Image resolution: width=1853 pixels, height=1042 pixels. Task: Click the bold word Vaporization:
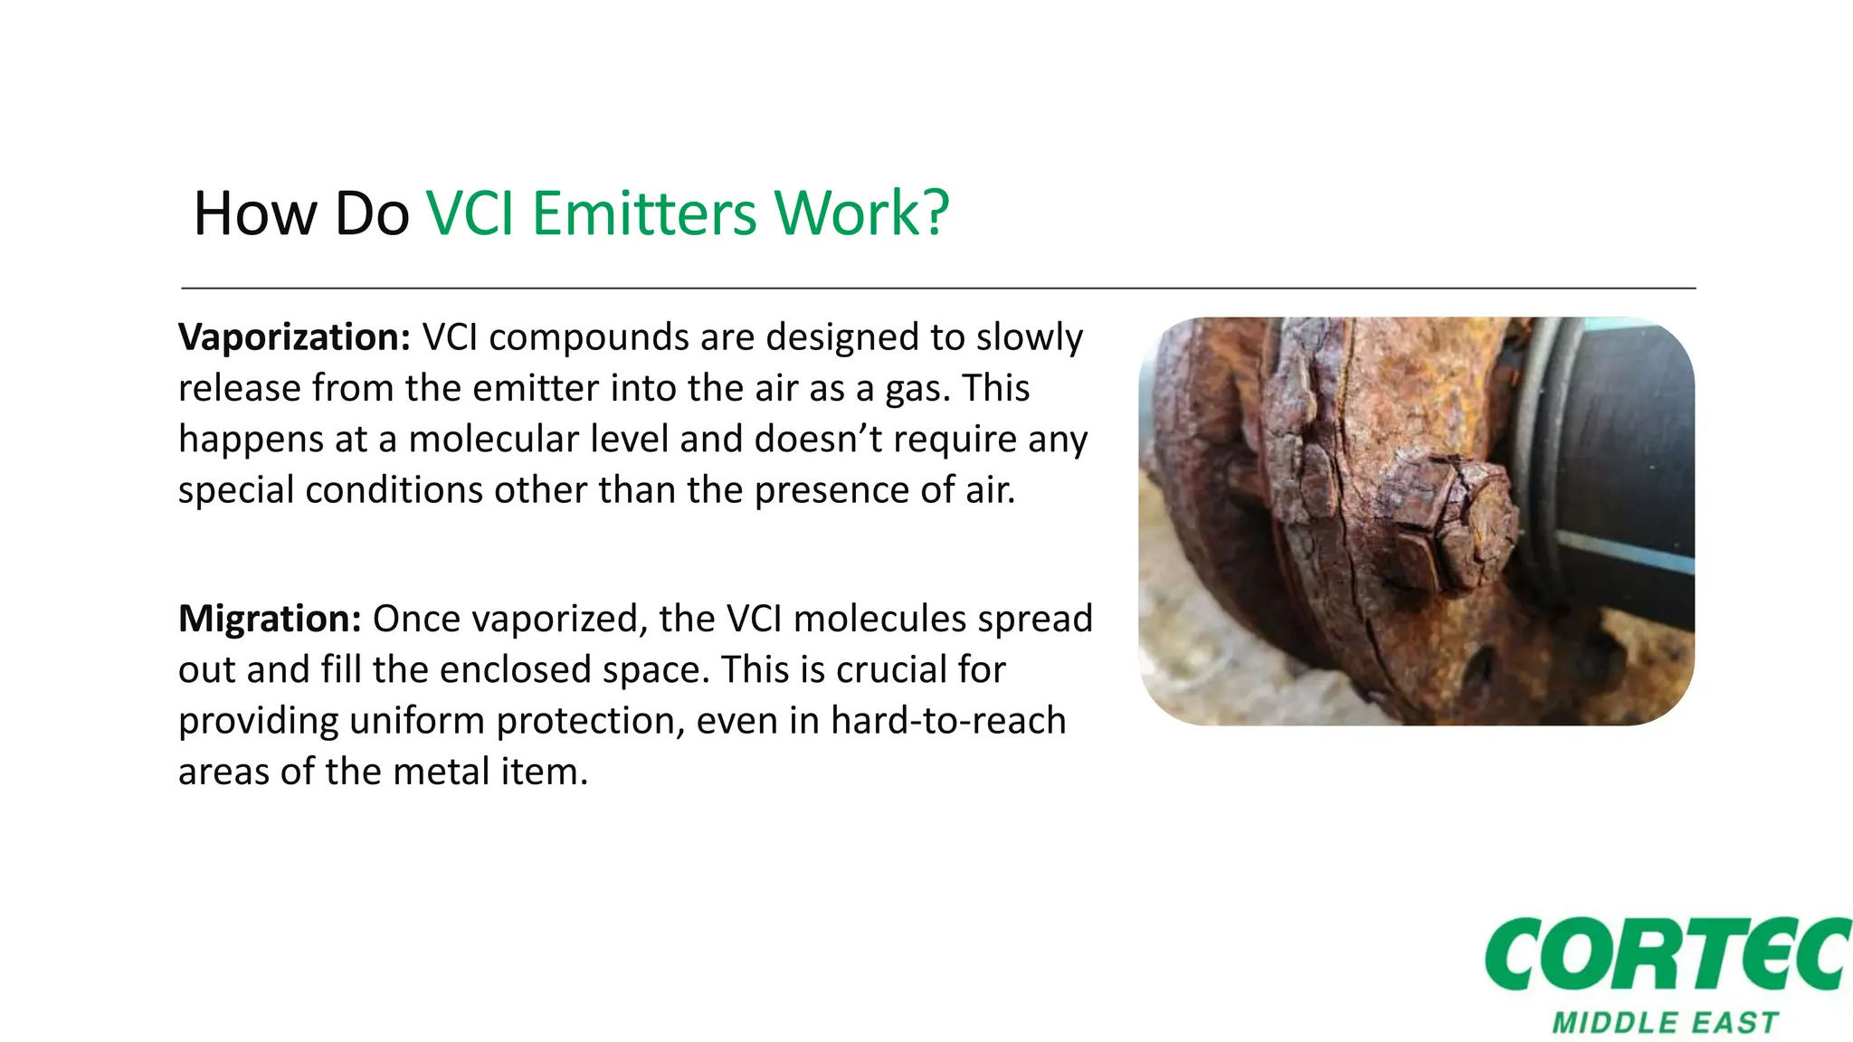295,337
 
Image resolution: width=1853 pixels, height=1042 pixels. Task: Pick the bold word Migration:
270,619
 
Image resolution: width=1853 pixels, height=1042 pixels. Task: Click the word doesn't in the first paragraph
819,440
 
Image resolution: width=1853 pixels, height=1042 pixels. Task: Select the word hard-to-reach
948,721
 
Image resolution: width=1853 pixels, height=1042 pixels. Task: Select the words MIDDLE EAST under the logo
1665,1023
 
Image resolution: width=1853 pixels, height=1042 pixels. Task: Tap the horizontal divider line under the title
937,289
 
